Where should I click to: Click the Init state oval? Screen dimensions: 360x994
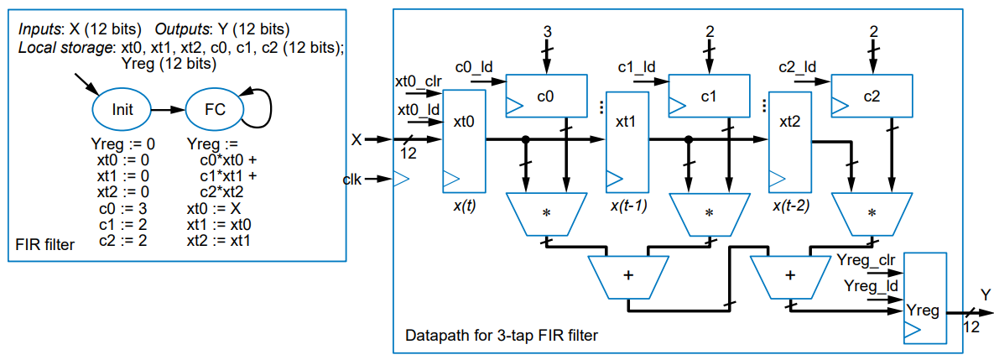click(x=122, y=108)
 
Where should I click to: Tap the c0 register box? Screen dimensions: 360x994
click(x=544, y=97)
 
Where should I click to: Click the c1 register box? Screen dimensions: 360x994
click(x=708, y=97)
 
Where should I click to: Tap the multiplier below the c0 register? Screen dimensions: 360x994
click(x=546, y=212)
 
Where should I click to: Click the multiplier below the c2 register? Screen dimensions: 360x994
click(x=872, y=212)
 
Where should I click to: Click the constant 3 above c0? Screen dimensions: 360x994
click(x=546, y=31)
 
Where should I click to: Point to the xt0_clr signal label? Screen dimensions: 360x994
click(x=419, y=81)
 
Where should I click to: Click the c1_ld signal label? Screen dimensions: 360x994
click(x=636, y=65)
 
